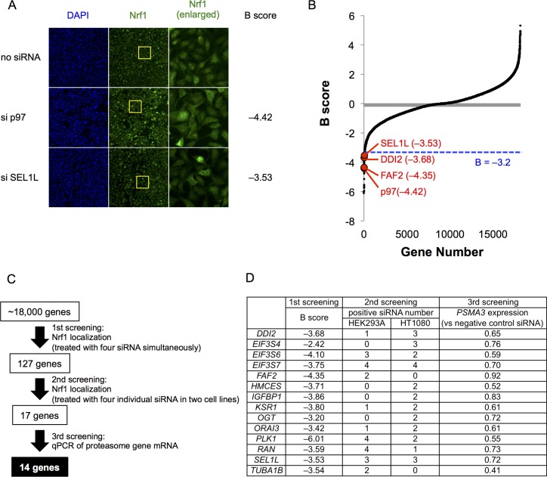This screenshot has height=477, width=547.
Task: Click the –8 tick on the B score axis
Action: (353, 222)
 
